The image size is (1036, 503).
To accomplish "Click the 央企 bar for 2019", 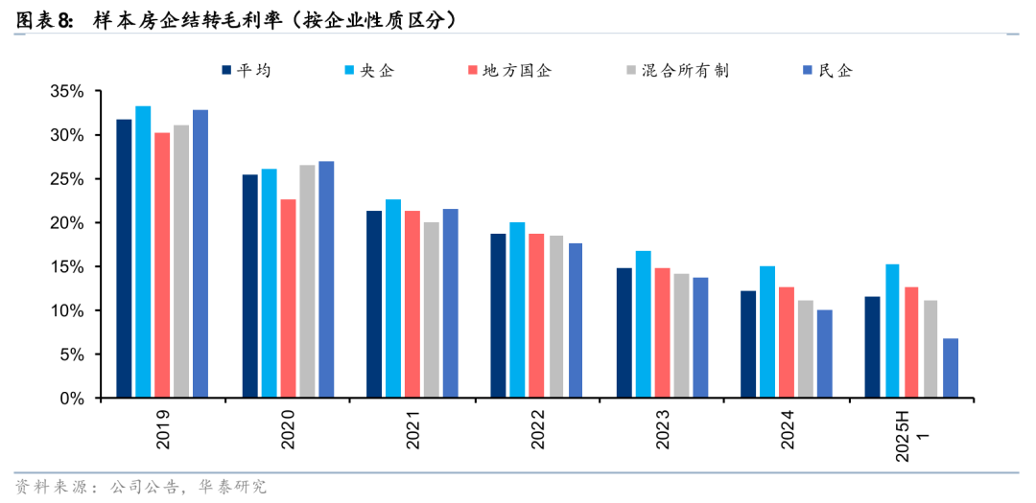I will [x=143, y=252].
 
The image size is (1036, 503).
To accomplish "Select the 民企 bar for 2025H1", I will [x=950, y=368].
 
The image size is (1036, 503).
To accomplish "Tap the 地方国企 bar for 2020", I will [x=288, y=298].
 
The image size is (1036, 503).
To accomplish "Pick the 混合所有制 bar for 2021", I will [x=432, y=309].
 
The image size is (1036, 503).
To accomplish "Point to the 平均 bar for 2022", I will [x=498, y=315].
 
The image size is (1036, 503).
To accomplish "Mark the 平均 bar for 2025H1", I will [x=872, y=347].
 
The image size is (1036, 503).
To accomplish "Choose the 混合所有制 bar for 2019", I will [x=181, y=261].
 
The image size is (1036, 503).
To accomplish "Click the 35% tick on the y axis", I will [x=68, y=92].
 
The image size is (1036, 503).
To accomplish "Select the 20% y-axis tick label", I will [x=68, y=223].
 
